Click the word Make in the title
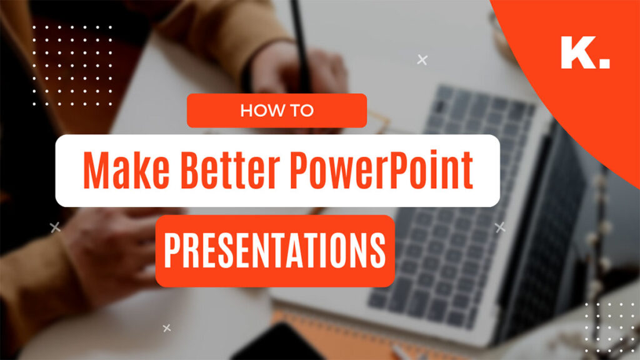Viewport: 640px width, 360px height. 117,170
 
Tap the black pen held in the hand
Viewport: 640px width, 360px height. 299,37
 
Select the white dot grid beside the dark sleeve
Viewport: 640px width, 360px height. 72,66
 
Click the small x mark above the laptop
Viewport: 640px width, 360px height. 422,60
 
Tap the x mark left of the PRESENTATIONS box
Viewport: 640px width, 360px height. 55,227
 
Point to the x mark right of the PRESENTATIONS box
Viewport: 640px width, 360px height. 500,227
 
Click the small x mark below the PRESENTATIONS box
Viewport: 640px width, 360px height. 166,327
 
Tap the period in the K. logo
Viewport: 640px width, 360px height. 604,64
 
